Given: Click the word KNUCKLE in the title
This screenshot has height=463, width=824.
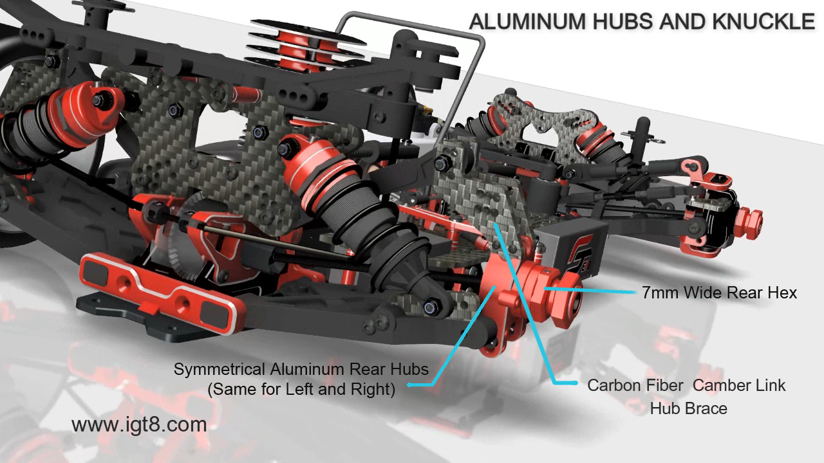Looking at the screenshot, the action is coord(763,21).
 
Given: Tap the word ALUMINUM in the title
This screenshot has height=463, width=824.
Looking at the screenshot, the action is coord(527,21).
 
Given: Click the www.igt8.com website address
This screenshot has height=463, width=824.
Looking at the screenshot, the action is coord(139,425).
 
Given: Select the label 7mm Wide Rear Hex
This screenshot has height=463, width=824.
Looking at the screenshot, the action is coord(720,293).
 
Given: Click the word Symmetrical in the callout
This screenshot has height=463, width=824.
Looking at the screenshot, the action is coord(220,370).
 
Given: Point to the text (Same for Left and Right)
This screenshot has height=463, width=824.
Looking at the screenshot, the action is coord(301,389).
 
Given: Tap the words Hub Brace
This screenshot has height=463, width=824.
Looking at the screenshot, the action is coord(689,408).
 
